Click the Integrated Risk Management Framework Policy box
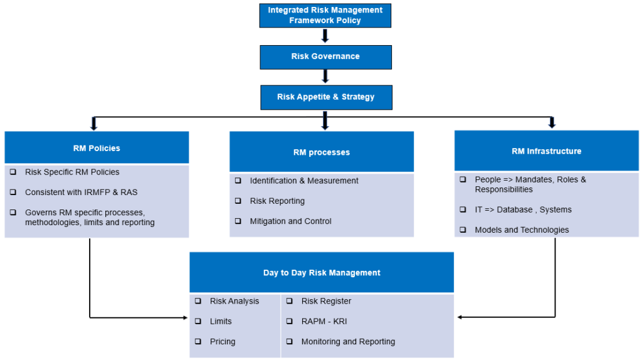click(325, 16)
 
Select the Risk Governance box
click(325, 56)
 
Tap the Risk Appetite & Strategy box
click(325, 97)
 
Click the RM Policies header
click(97, 148)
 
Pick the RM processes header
click(322, 152)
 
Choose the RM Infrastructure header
click(546, 151)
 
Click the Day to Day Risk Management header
click(322, 273)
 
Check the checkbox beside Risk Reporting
click(238, 201)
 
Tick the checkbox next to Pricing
click(197, 342)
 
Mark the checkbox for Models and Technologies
click(463, 230)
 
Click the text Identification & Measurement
click(304, 181)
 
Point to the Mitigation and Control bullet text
click(290, 221)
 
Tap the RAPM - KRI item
click(324, 322)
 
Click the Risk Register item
click(326, 301)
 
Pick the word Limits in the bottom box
click(221, 322)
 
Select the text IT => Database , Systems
click(523, 209)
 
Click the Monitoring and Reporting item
click(348, 342)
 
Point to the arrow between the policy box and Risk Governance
click(325, 36)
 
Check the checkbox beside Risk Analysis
click(197, 301)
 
